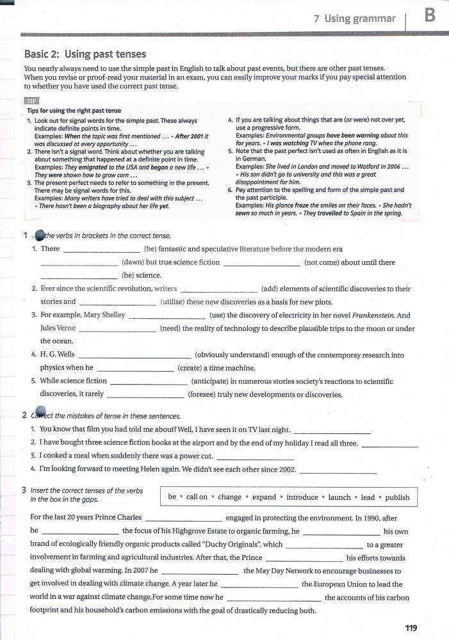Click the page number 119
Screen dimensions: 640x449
(x=411, y=628)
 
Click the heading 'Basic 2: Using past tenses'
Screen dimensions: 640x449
(x=85, y=54)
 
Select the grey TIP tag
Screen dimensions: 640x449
(x=31, y=101)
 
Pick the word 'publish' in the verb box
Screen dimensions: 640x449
(x=397, y=497)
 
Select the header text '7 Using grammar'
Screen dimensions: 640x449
(x=355, y=19)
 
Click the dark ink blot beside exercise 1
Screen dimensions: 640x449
(x=38, y=236)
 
